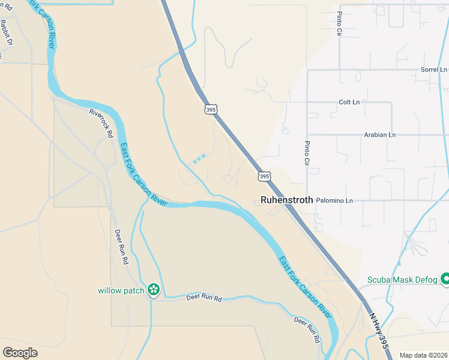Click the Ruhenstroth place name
point(286,200)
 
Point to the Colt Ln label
point(349,102)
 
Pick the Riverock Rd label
point(101,123)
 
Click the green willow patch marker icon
point(154,290)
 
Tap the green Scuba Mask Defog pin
point(445,279)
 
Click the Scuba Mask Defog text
point(402,280)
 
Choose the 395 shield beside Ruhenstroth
point(264,176)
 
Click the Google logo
point(20,353)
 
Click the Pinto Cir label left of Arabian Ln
point(307,153)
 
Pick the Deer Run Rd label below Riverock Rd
point(121,247)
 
